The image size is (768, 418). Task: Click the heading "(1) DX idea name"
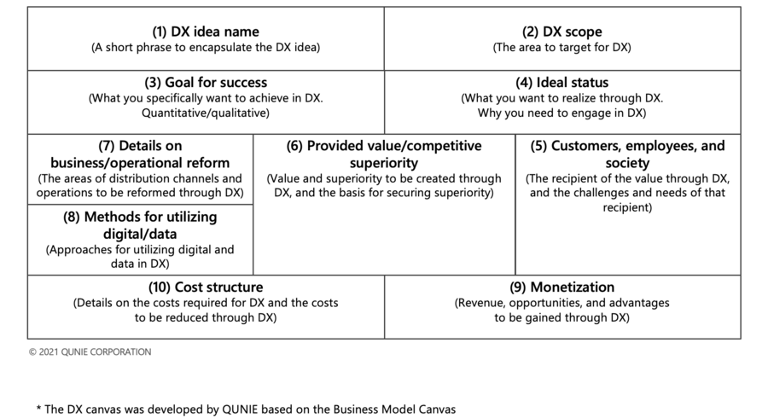[206, 32]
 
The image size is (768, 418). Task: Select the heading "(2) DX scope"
[562, 32]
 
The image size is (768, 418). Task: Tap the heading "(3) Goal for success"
[206, 82]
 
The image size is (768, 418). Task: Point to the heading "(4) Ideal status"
[562, 82]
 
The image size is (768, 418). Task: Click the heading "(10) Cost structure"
[206, 287]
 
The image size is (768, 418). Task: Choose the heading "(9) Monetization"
[562, 287]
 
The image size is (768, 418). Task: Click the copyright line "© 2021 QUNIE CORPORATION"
[90, 352]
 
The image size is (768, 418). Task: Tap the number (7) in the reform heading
[107, 146]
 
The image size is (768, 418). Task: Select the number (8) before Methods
[72, 217]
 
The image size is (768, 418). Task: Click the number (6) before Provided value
[295, 146]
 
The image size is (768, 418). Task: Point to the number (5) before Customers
[538, 146]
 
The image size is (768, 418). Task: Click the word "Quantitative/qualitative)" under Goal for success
[206, 113]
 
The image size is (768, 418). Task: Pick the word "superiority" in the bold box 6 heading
[384, 163]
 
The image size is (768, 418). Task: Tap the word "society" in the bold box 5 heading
[627, 163]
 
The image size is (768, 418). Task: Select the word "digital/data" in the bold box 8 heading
[140, 234]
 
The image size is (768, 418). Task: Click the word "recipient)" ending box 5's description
[627, 207]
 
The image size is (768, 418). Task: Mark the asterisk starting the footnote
[38, 409]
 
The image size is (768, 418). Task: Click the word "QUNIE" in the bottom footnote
[240, 409]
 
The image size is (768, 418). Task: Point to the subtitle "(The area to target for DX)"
[562, 48]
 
